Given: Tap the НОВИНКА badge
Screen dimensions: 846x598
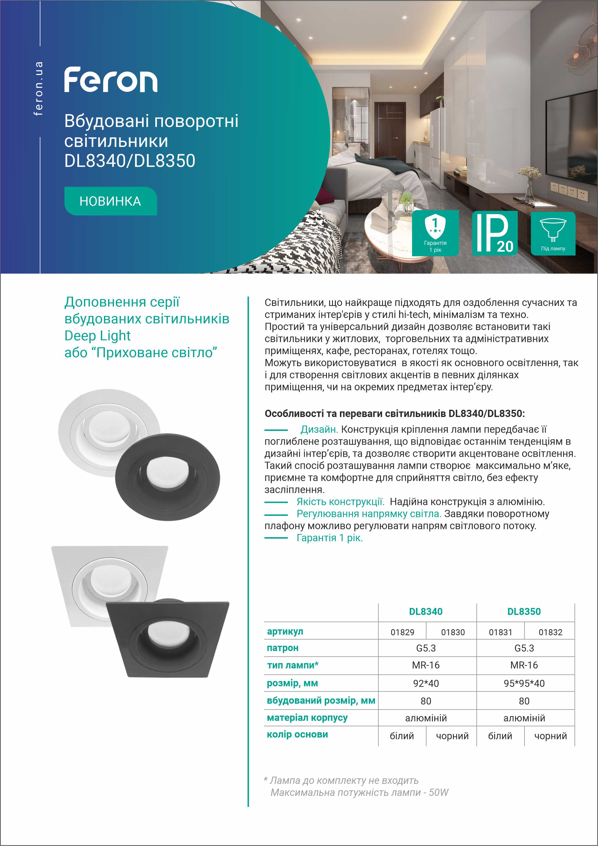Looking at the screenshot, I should (110, 201).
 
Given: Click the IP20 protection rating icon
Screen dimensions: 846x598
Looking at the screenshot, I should (494, 233).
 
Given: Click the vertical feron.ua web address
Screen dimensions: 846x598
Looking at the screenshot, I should (38, 88).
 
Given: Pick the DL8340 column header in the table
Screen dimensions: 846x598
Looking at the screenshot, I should (426, 612).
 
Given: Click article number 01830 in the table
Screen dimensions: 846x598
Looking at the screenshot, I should (453, 632).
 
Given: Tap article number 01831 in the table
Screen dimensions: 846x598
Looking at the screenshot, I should (500, 632).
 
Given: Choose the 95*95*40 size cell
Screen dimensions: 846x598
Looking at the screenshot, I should (524, 683).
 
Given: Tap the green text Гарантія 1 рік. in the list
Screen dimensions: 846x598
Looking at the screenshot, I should (330, 538).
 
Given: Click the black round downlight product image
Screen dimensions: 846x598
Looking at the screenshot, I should (168, 477).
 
